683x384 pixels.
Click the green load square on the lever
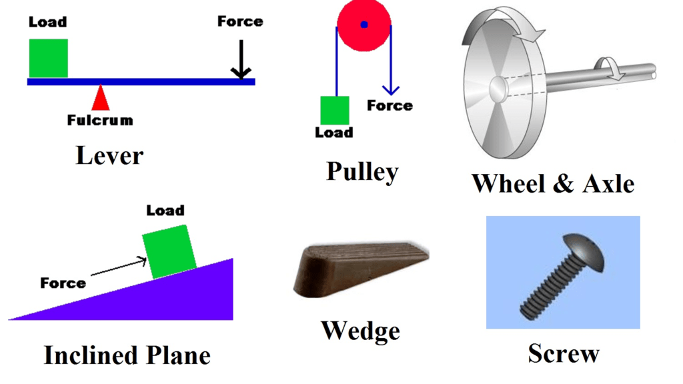[x=48, y=59]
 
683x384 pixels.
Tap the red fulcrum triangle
[x=101, y=97]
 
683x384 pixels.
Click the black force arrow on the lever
[x=240, y=59]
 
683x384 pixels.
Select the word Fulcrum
[x=100, y=120]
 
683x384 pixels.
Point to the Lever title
[x=109, y=155]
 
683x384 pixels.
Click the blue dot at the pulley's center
[x=364, y=25]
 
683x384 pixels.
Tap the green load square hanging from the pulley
[x=335, y=111]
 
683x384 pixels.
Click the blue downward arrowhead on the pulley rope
[x=391, y=90]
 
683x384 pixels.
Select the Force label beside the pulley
[x=390, y=105]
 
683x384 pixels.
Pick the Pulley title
[x=362, y=171]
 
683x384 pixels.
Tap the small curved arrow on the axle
[x=610, y=69]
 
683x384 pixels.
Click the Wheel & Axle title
[x=553, y=184]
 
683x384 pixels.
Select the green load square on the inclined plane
[x=169, y=251]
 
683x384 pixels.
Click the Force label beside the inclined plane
[x=63, y=283]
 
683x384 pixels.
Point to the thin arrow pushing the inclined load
[x=119, y=266]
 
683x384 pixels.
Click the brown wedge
[x=361, y=270]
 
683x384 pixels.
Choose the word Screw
[x=564, y=353]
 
